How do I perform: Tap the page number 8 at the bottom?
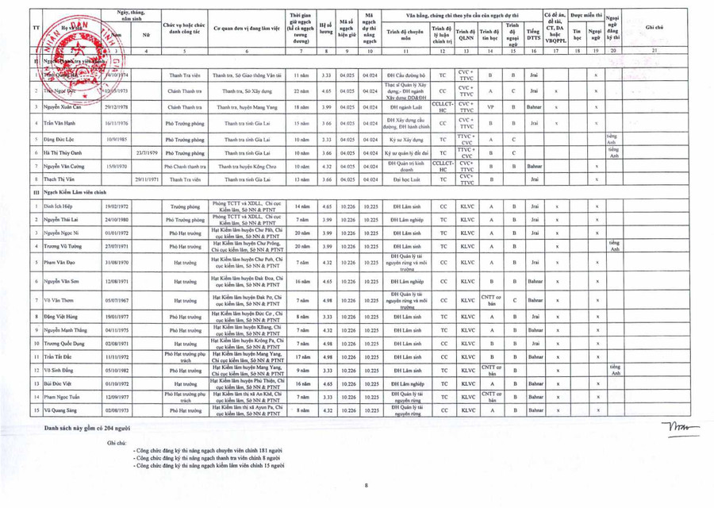coord(367,485)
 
